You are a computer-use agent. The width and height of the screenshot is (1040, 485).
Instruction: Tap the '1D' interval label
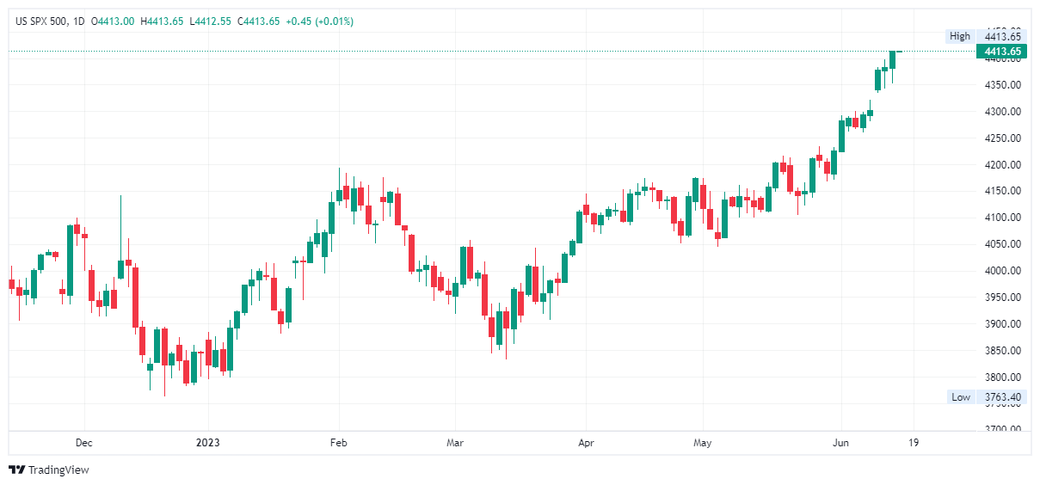click(x=79, y=21)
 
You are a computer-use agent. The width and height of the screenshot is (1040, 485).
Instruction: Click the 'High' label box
click(x=959, y=36)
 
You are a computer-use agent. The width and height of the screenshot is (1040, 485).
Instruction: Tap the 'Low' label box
click(x=960, y=397)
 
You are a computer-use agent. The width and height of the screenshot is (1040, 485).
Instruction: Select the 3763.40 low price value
click(x=1003, y=397)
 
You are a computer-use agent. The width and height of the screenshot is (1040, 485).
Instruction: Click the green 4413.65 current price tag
click(x=1002, y=52)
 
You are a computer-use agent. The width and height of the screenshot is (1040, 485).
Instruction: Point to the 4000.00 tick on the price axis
click(x=1002, y=271)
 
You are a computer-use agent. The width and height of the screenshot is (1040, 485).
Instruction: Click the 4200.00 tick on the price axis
click(x=1002, y=165)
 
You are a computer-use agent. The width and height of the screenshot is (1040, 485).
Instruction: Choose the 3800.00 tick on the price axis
click(x=1002, y=378)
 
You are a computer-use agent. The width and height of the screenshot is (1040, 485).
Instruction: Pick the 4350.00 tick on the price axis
click(x=1002, y=85)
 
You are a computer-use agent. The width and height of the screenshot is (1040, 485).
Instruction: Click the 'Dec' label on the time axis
click(x=83, y=444)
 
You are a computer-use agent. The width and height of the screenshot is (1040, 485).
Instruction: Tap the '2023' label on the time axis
click(x=207, y=444)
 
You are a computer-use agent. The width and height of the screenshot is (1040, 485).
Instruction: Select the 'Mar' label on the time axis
click(x=455, y=444)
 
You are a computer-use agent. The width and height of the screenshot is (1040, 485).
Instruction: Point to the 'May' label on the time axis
click(x=702, y=444)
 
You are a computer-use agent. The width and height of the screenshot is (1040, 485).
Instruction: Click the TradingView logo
click(x=49, y=470)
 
